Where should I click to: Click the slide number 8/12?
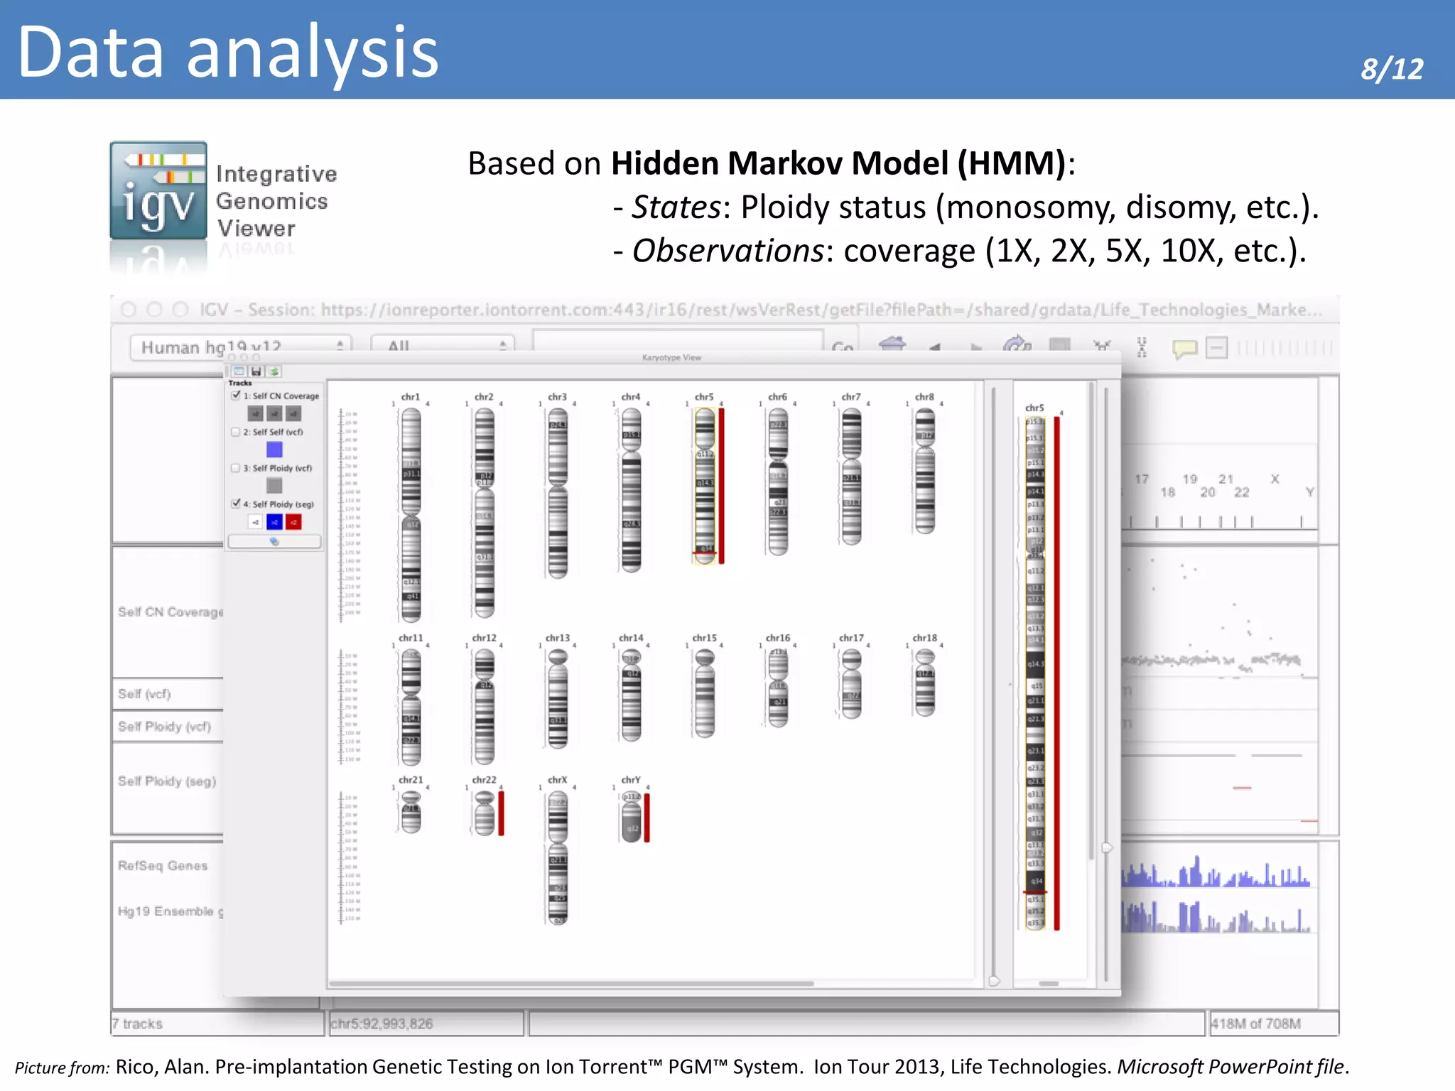(1391, 69)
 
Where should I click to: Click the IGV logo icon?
(158, 190)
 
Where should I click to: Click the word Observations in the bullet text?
(727, 251)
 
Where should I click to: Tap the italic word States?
(676, 207)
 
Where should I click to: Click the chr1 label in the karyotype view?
(410, 397)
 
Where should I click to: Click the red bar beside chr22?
(501, 813)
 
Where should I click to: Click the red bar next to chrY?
(647, 818)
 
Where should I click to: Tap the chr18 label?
(924, 638)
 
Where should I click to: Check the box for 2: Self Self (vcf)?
(236, 432)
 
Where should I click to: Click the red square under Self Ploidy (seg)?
(293, 523)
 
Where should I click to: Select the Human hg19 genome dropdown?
(240, 347)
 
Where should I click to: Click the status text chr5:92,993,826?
(382, 1024)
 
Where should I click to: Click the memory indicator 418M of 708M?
(1255, 1024)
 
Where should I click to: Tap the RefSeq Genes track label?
(163, 865)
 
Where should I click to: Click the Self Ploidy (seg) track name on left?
(167, 781)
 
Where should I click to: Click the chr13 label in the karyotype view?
(557, 638)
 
